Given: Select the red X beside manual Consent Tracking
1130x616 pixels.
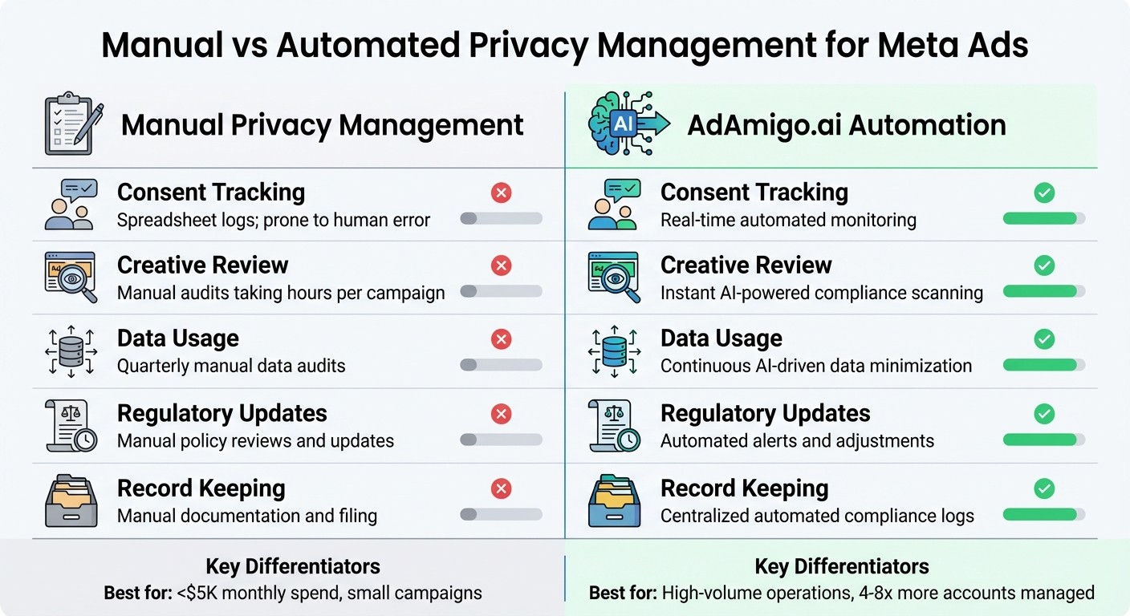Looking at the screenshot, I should (501, 192).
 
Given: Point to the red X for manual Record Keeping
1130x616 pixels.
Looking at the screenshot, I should (501, 488).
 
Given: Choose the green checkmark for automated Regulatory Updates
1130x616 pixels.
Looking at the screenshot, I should (1044, 414).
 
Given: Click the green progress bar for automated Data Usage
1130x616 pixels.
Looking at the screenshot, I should (1040, 365).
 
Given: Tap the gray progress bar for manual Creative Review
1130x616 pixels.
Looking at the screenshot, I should (501, 291).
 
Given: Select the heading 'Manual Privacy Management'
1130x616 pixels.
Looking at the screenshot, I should (322, 125).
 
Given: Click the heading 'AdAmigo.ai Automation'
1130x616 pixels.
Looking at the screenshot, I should (847, 125).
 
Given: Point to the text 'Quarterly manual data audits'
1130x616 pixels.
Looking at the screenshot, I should (231, 366).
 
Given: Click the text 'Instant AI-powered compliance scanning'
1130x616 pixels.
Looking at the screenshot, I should (821, 293).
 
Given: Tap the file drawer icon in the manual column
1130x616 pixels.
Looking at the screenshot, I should (71, 501).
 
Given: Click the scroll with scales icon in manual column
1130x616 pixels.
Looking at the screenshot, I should (71, 426).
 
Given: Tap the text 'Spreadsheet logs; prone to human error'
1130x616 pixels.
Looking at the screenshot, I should (274, 220).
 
